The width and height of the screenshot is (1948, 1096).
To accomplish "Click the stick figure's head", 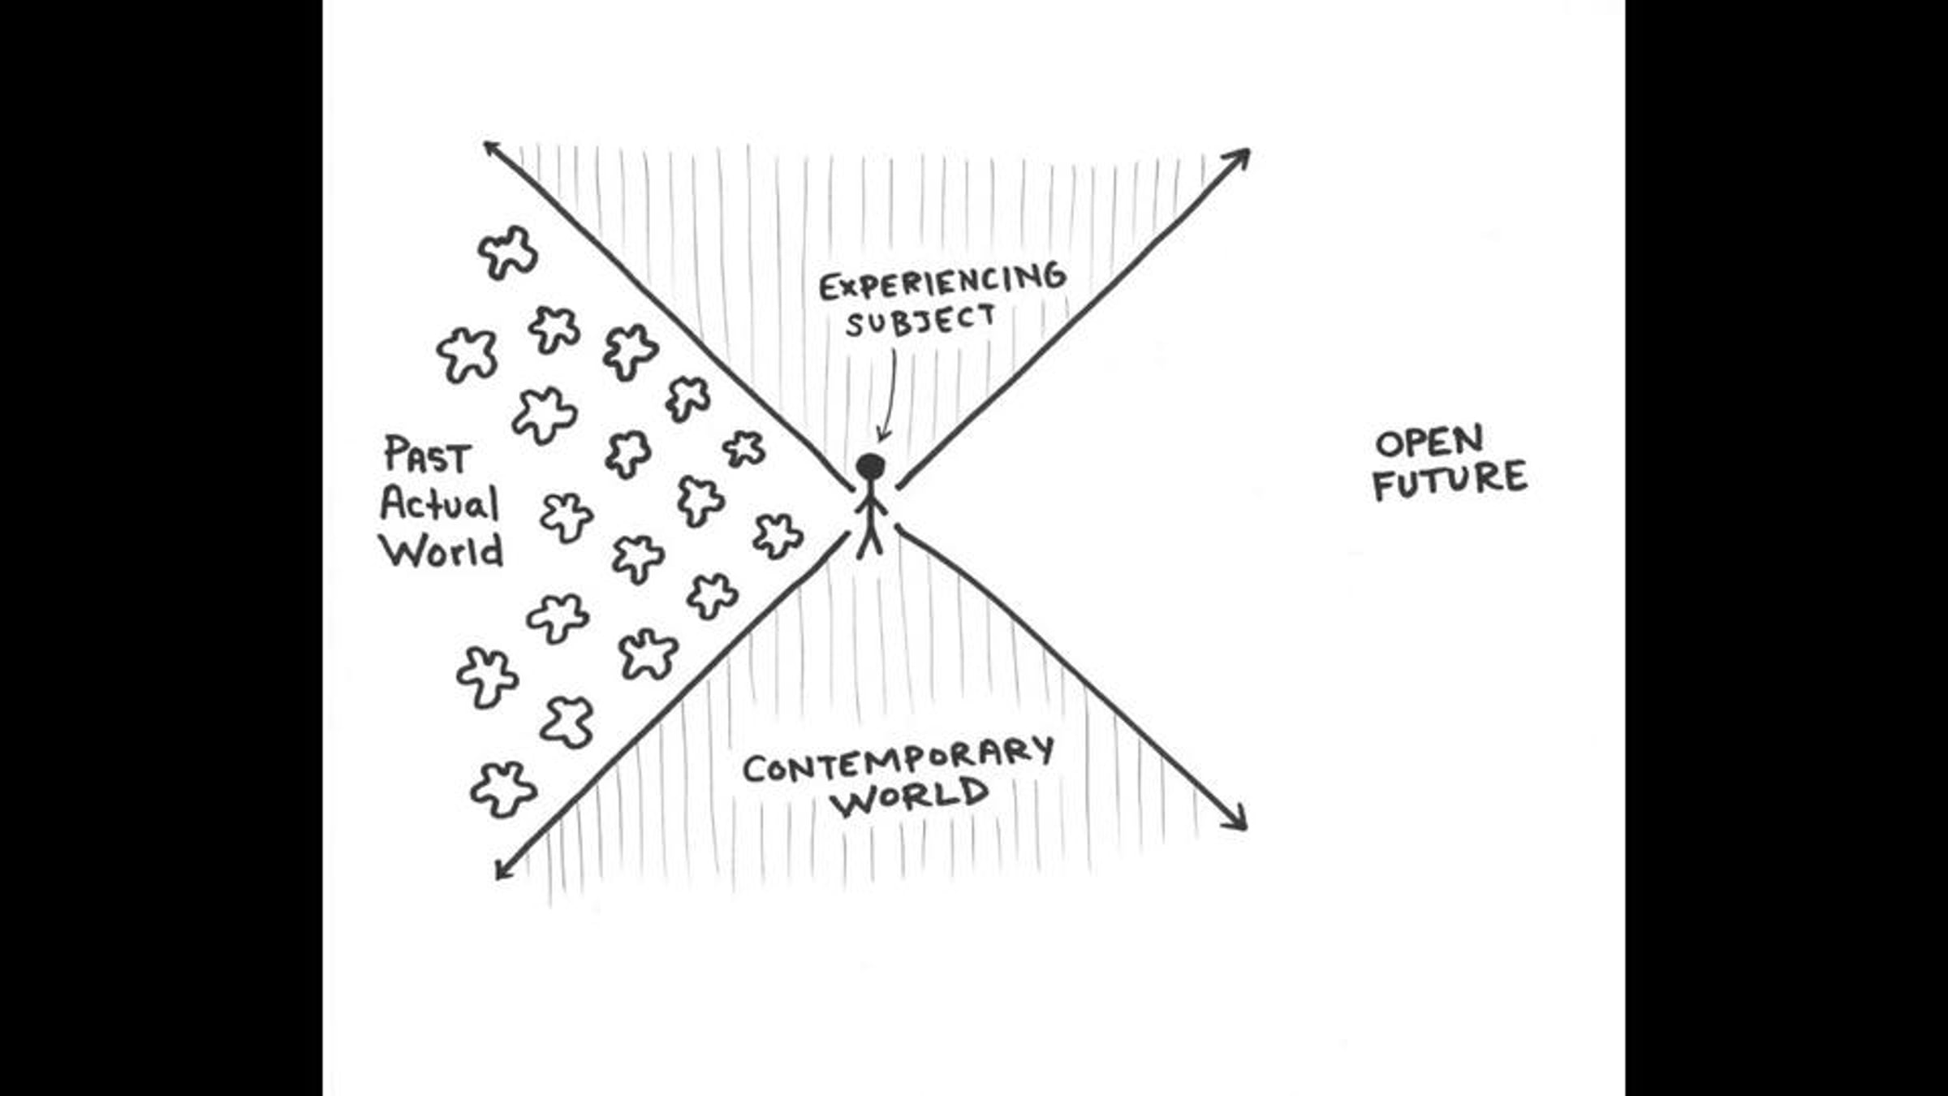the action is pyautogui.click(x=870, y=468).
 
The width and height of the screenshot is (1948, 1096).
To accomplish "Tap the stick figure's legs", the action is pyautogui.click(x=870, y=539).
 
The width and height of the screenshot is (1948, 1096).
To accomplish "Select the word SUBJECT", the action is pyautogui.click(x=920, y=321).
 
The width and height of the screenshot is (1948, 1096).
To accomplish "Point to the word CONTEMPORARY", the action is pyautogui.click(x=899, y=758).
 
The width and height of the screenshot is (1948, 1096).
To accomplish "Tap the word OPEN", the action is pyautogui.click(x=1429, y=442).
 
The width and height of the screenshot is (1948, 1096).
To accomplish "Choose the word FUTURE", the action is pyautogui.click(x=1450, y=480).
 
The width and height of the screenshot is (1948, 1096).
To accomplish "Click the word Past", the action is pyautogui.click(x=427, y=455).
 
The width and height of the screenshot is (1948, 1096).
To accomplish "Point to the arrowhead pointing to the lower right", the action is pyautogui.click(x=1235, y=818).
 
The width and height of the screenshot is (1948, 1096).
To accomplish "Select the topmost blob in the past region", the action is pyautogui.click(x=508, y=252).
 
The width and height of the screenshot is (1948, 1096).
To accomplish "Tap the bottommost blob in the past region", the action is pyautogui.click(x=503, y=789).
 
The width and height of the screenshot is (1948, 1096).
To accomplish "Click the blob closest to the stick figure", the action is pyautogui.click(x=778, y=536).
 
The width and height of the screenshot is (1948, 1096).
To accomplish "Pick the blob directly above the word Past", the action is pyautogui.click(x=468, y=355).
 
